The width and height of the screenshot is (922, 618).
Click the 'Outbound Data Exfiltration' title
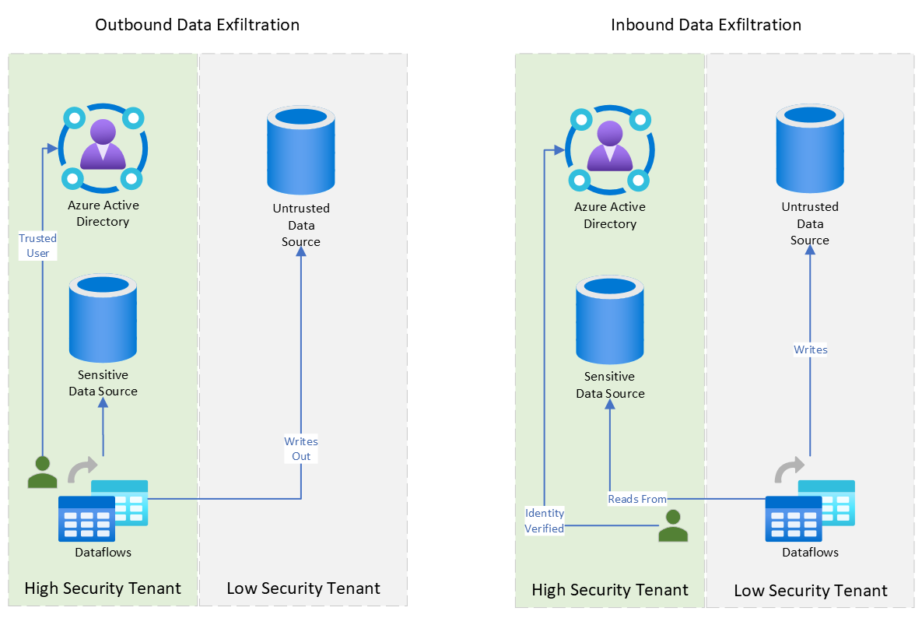[197, 25]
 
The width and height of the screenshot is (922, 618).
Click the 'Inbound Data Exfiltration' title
[706, 25]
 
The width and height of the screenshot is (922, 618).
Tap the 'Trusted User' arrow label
[38, 246]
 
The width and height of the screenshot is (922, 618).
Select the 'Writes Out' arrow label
[301, 449]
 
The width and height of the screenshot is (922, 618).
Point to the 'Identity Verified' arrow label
[545, 521]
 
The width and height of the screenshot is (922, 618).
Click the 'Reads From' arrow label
[637, 499]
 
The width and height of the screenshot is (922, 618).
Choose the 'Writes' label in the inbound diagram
[810, 349]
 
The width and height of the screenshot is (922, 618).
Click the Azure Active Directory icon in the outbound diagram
[103, 148]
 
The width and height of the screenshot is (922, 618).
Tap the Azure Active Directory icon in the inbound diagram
[610, 149]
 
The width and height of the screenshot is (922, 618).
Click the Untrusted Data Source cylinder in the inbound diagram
[810, 149]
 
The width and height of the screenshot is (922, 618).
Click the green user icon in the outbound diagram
[42, 471]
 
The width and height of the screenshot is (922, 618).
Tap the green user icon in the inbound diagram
[673, 525]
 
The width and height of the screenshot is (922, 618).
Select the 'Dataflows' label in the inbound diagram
[810, 553]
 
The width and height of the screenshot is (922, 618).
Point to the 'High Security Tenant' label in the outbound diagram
[103, 588]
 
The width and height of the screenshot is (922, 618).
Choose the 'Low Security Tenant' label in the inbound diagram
[810, 591]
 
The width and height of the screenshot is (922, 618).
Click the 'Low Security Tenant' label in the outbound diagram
[303, 588]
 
